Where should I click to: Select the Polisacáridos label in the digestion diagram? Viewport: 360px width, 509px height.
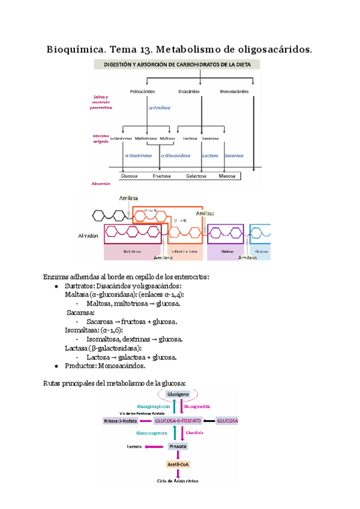pyautogui.click(x=142, y=91)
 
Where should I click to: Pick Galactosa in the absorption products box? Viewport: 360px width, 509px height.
pyautogui.click(x=197, y=176)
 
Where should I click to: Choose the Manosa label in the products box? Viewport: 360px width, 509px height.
pyautogui.click(x=227, y=176)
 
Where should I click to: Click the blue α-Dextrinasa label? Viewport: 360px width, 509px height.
pyautogui.click(x=139, y=155)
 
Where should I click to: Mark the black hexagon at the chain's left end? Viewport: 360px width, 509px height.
pyautogui.click(x=98, y=214)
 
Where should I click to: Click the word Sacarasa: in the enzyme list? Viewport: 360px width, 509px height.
pyautogui.click(x=81, y=313)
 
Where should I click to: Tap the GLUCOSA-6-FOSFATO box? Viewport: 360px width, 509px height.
pyautogui.click(x=178, y=421)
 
